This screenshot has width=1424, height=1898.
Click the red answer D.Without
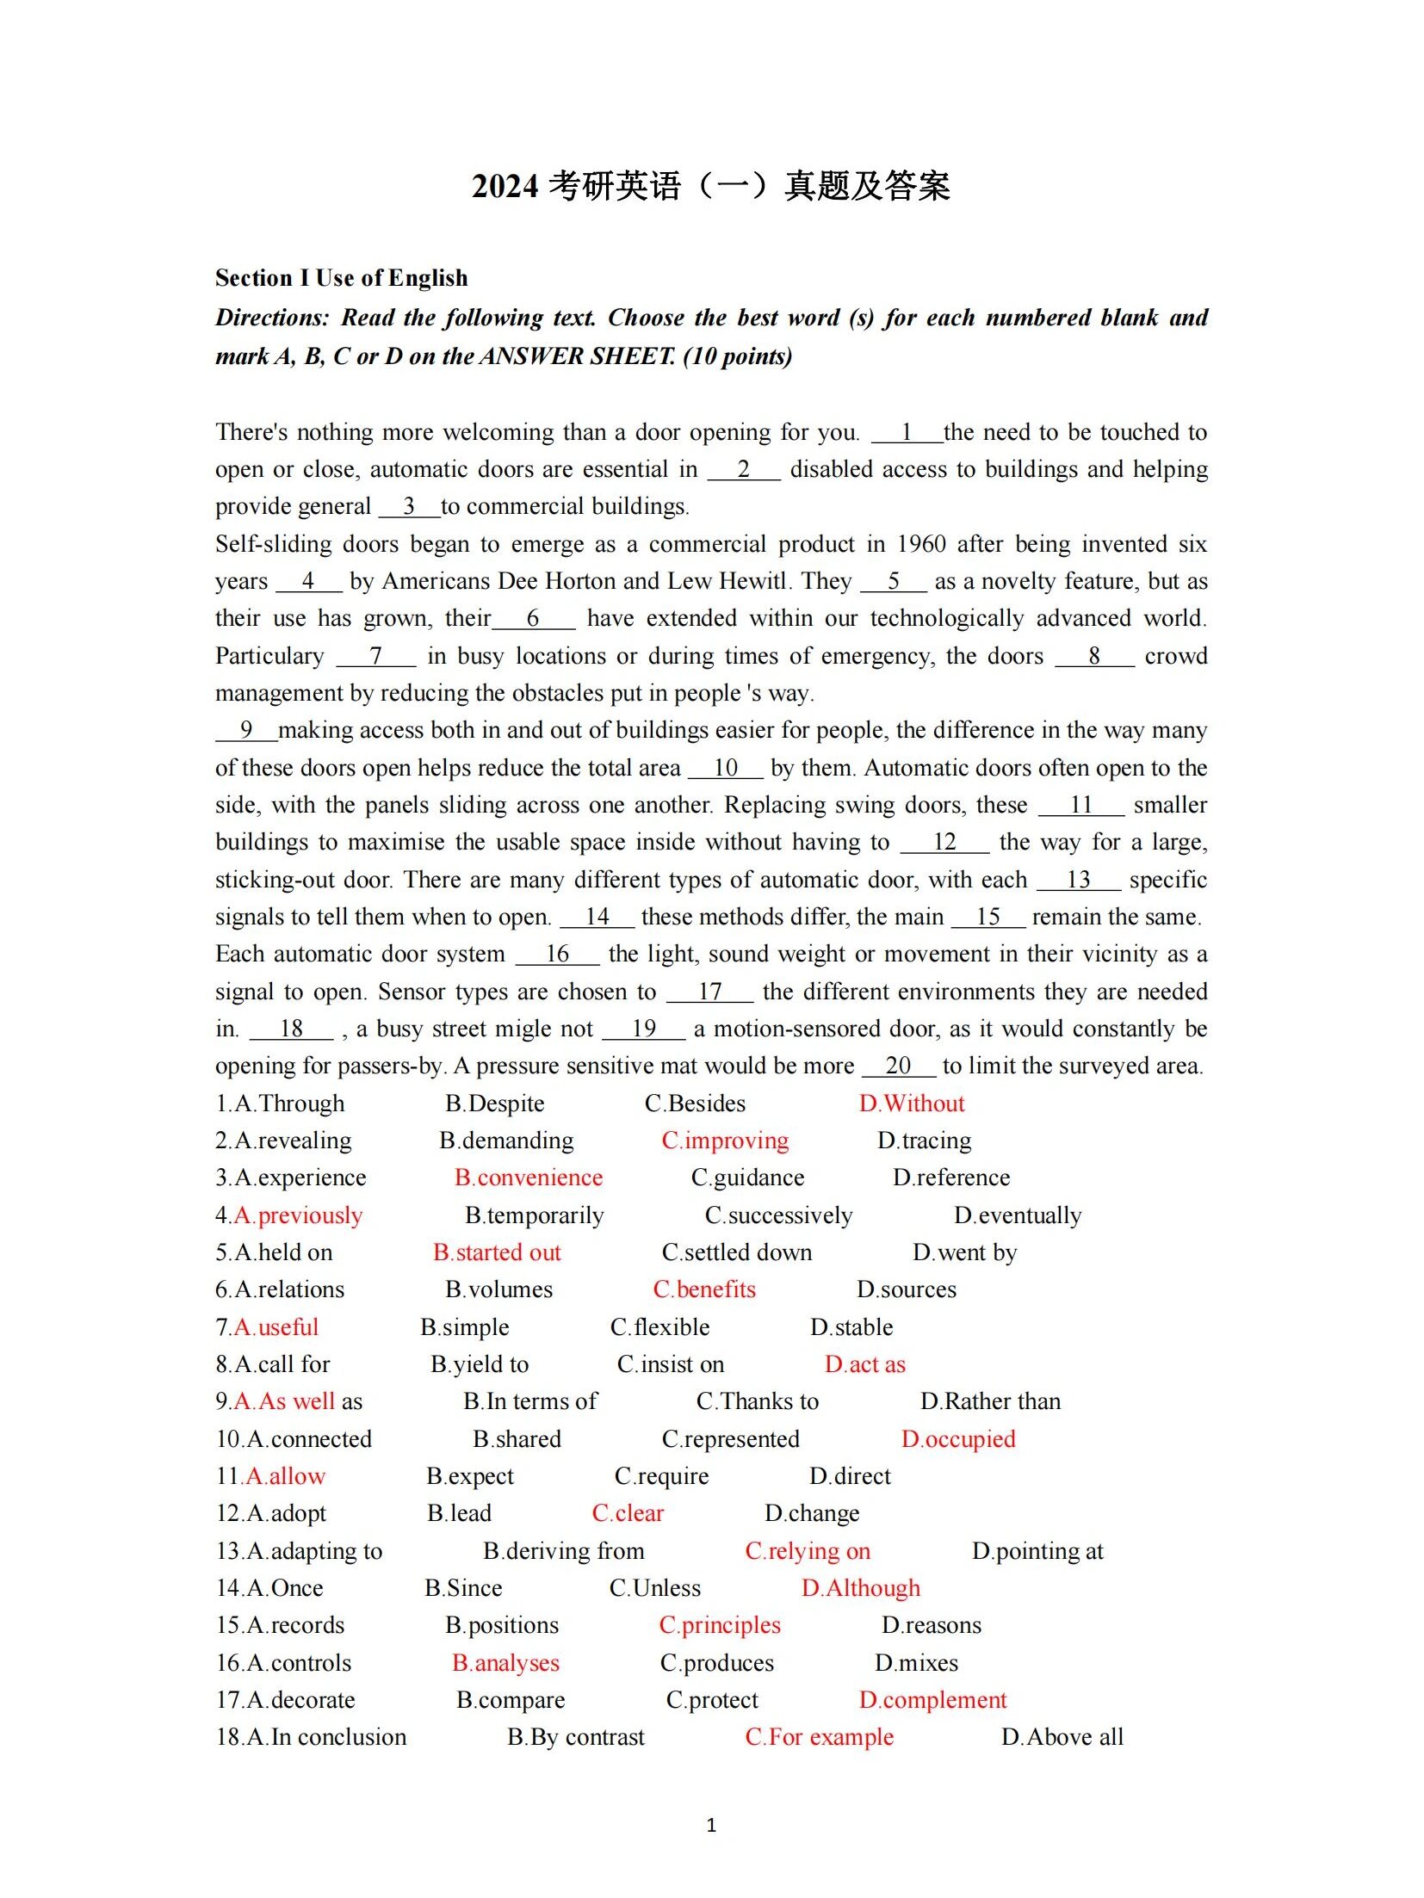tap(911, 1104)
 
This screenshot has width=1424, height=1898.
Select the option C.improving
tap(724, 1141)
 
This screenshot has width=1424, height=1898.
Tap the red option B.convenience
tap(528, 1178)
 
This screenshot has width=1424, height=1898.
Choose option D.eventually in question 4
tap(1017, 1215)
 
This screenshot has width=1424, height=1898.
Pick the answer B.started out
tap(497, 1252)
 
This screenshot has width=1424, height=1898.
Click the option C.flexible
tap(659, 1327)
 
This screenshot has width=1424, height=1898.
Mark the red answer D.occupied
tap(957, 1439)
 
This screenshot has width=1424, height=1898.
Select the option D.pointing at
tap(1037, 1551)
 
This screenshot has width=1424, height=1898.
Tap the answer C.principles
tap(719, 1625)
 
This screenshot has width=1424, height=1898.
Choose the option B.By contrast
tap(575, 1737)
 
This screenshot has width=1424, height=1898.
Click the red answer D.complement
tap(932, 1700)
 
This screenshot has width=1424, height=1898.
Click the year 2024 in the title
tap(505, 186)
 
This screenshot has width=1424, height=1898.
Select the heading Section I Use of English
tap(341, 278)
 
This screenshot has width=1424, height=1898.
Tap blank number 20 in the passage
tap(897, 1066)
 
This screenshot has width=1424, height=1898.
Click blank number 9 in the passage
tap(246, 730)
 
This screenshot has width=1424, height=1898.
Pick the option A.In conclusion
tap(311, 1737)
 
